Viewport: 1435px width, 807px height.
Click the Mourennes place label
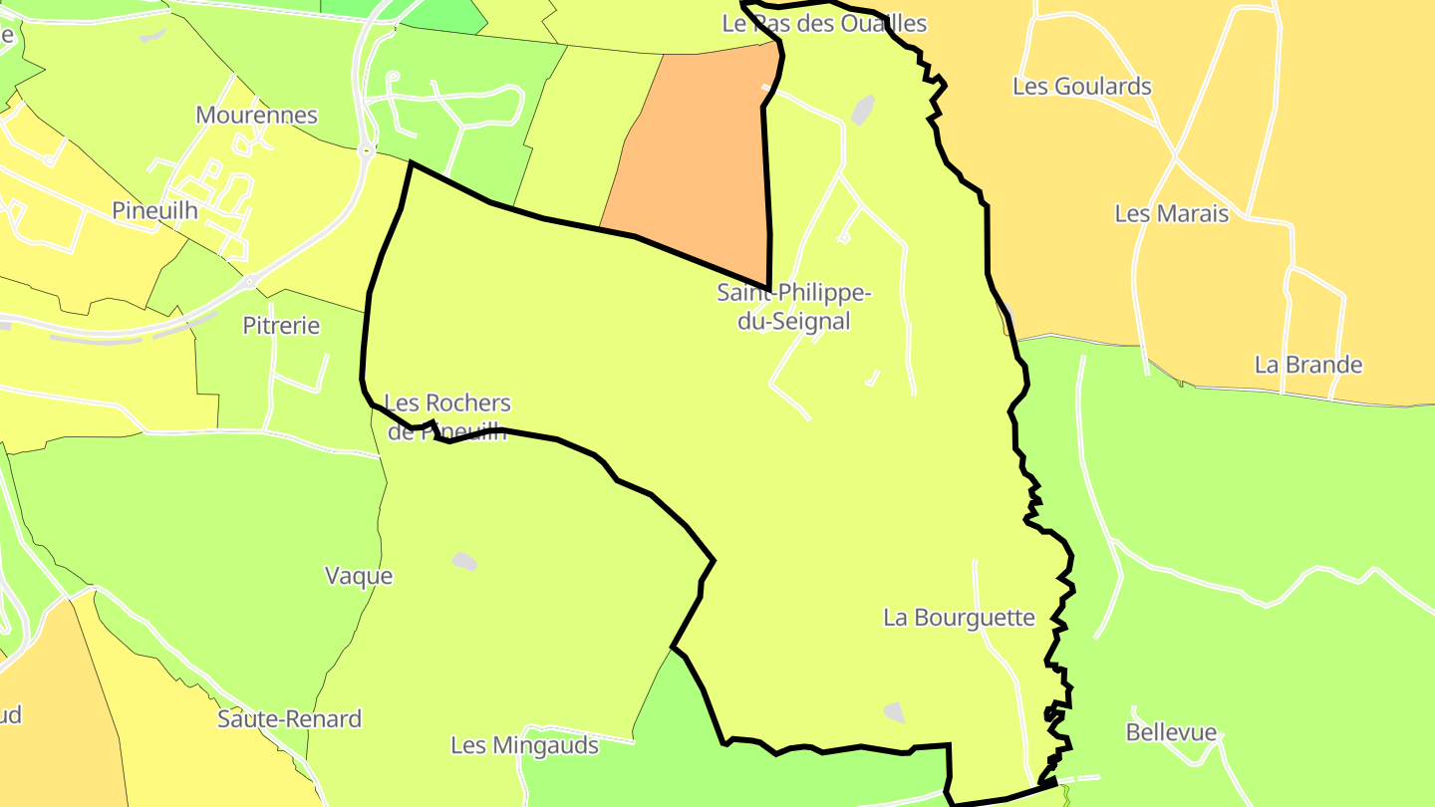click(256, 115)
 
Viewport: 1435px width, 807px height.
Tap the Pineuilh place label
click(154, 210)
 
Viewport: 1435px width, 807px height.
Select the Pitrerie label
click(281, 325)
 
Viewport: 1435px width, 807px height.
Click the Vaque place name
click(359, 576)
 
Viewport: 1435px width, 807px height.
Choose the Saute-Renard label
click(290, 718)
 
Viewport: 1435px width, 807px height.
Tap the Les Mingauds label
click(524, 745)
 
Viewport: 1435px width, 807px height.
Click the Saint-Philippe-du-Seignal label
click(794, 307)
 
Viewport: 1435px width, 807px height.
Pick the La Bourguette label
click(960, 617)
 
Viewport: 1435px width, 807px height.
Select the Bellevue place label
click(1171, 732)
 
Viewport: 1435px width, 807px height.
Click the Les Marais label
click(1171, 213)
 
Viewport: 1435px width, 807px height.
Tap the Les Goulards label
click(1082, 86)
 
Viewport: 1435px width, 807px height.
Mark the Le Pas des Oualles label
click(824, 23)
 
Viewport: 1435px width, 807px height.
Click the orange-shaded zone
click(698, 159)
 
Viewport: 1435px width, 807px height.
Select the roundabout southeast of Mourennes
click(366, 152)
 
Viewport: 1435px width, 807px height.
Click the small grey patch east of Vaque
click(464, 561)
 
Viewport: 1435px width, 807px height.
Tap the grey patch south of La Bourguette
click(894, 711)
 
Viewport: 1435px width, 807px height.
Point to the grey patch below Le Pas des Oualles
click(863, 110)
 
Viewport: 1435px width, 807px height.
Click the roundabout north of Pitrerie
click(248, 281)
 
